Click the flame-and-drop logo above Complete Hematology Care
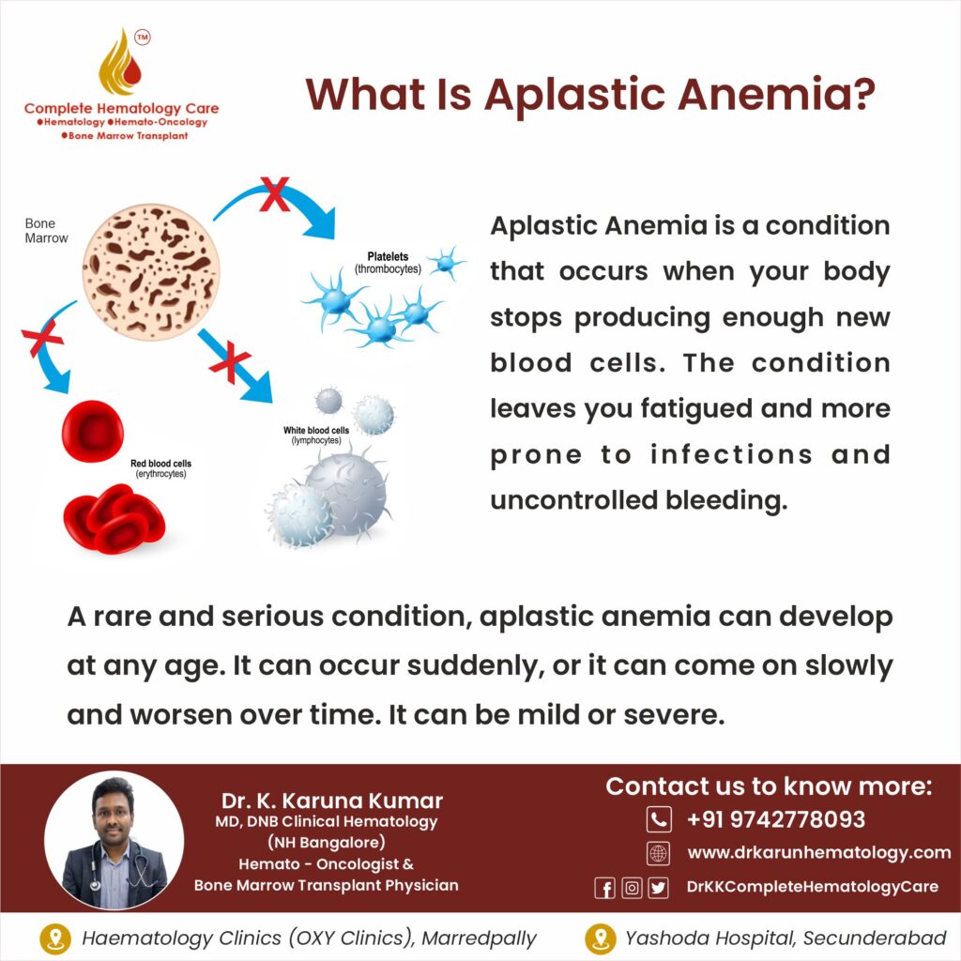(121, 63)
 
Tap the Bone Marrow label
(46, 231)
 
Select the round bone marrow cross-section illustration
(151, 272)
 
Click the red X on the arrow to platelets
(275, 193)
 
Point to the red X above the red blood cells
(42, 338)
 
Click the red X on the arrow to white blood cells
(230, 362)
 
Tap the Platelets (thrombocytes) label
(388, 263)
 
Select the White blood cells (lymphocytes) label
(316, 435)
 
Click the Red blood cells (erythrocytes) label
(160, 468)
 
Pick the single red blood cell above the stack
(93, 431)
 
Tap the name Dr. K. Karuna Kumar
(331, 801)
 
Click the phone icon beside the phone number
(659, 819)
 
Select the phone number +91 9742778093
(776, 819)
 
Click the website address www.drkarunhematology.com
(818, 852)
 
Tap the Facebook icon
(604, 888)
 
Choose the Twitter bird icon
(658, 888)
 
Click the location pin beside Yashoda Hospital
(601, 938)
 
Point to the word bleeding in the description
(726, 500)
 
